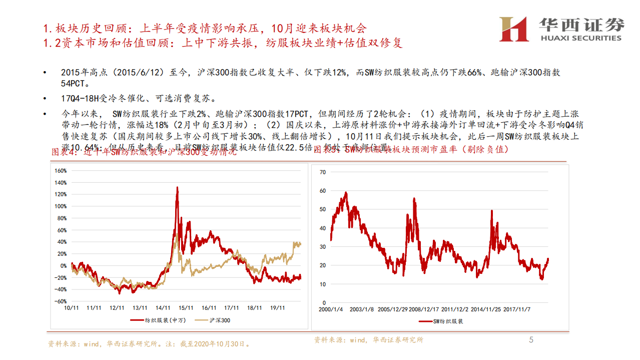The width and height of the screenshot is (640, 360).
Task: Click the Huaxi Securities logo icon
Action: pos(514,29)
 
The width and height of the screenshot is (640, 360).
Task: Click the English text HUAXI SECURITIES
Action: pos(581,38)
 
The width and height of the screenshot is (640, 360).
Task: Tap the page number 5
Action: pos(531,340)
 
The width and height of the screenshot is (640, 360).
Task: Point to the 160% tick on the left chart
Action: pos(60,171)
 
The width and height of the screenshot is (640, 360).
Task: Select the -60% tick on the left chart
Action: pos(60,301)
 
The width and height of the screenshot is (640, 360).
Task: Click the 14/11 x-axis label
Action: pos(162,308)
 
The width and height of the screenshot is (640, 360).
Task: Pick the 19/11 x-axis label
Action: pos(277,308)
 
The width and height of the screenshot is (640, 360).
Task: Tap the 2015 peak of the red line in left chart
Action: pos(177,188)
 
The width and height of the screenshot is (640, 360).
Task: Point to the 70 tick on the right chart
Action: pos(322,172)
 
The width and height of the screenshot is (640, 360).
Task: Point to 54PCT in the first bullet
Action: pos(72,84)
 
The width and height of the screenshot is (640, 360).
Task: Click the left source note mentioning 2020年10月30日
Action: pos(149,344)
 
